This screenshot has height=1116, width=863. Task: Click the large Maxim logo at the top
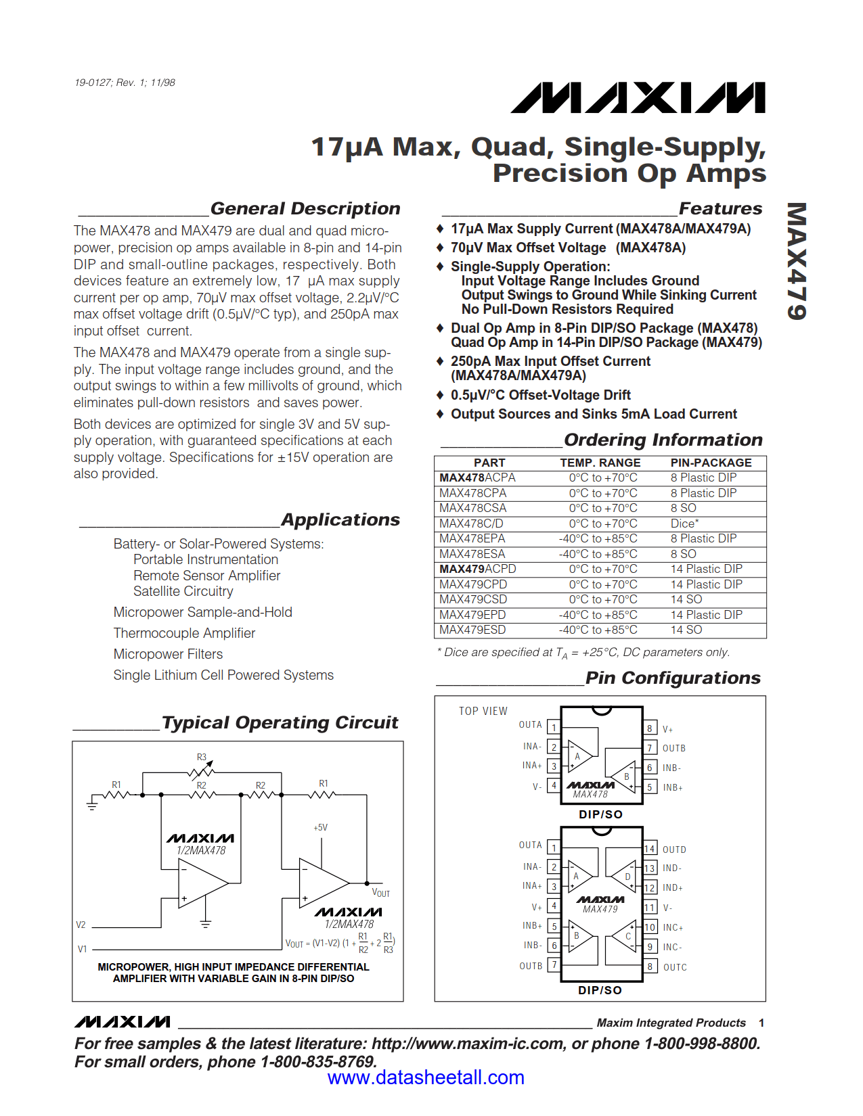click(638, 98)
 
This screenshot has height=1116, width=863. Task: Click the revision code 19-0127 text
click(125, 83)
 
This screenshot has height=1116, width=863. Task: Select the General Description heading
click(305, 208)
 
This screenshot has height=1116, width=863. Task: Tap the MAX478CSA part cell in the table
click(472, 508)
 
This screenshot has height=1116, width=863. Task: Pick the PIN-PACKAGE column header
click(711, 463)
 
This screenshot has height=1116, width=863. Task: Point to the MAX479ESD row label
click(472, 630)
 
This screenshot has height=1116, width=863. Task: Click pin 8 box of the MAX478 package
click(649, 728)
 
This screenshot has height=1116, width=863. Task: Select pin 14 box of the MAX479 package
click(649, 849)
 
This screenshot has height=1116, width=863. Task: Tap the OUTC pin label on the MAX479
click(675, 967)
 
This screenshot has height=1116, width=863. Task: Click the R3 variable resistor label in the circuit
click(202, 757)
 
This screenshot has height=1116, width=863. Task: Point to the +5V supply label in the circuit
click(320, 827)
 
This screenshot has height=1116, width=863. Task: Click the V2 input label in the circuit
click(81, 925)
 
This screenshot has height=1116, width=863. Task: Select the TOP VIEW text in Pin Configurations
click(483, 711)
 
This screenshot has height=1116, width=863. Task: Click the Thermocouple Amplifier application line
click(184, 633)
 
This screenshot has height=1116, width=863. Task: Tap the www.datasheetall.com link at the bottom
click(426, 1077)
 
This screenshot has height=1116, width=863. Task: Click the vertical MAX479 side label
click(797, 261)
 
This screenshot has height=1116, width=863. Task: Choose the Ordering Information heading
click(663, 440)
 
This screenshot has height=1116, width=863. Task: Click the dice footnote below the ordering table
click(583, 652)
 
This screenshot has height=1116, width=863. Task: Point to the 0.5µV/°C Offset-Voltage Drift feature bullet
click(540, 395)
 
